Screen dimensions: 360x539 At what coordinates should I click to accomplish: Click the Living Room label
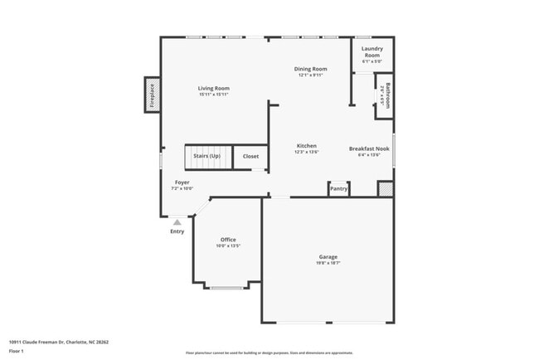[213, 88]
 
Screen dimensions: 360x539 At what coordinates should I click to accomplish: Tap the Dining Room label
[311, 69]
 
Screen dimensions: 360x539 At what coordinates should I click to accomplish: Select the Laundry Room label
[372, 52]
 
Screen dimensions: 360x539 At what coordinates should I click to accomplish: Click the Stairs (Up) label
[206, 156]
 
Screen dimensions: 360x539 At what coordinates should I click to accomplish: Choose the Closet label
[250, 156]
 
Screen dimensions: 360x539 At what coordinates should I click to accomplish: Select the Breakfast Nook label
[369, 148]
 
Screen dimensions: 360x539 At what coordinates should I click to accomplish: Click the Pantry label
[338, 189]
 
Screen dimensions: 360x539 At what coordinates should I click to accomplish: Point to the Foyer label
[182, 182]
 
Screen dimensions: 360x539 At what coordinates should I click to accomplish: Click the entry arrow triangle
[177, 221]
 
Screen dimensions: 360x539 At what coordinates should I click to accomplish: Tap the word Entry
[177, 231]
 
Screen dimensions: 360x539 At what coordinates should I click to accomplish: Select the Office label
[228, 240]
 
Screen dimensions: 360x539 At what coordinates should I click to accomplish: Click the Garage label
[328, 256]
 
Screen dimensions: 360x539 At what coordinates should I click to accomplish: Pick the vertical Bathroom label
[386, 95]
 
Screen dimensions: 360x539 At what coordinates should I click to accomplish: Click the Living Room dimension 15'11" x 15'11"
[213, 95]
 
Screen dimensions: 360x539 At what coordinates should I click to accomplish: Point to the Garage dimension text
[328, 263]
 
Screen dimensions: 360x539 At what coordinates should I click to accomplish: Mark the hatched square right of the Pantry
[385, 189]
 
